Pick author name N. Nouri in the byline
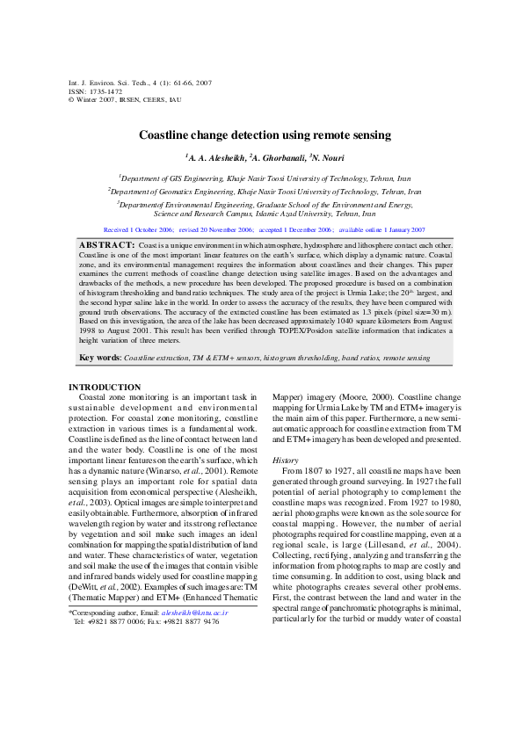[x=326, y=157]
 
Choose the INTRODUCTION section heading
[x=104, y=411]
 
